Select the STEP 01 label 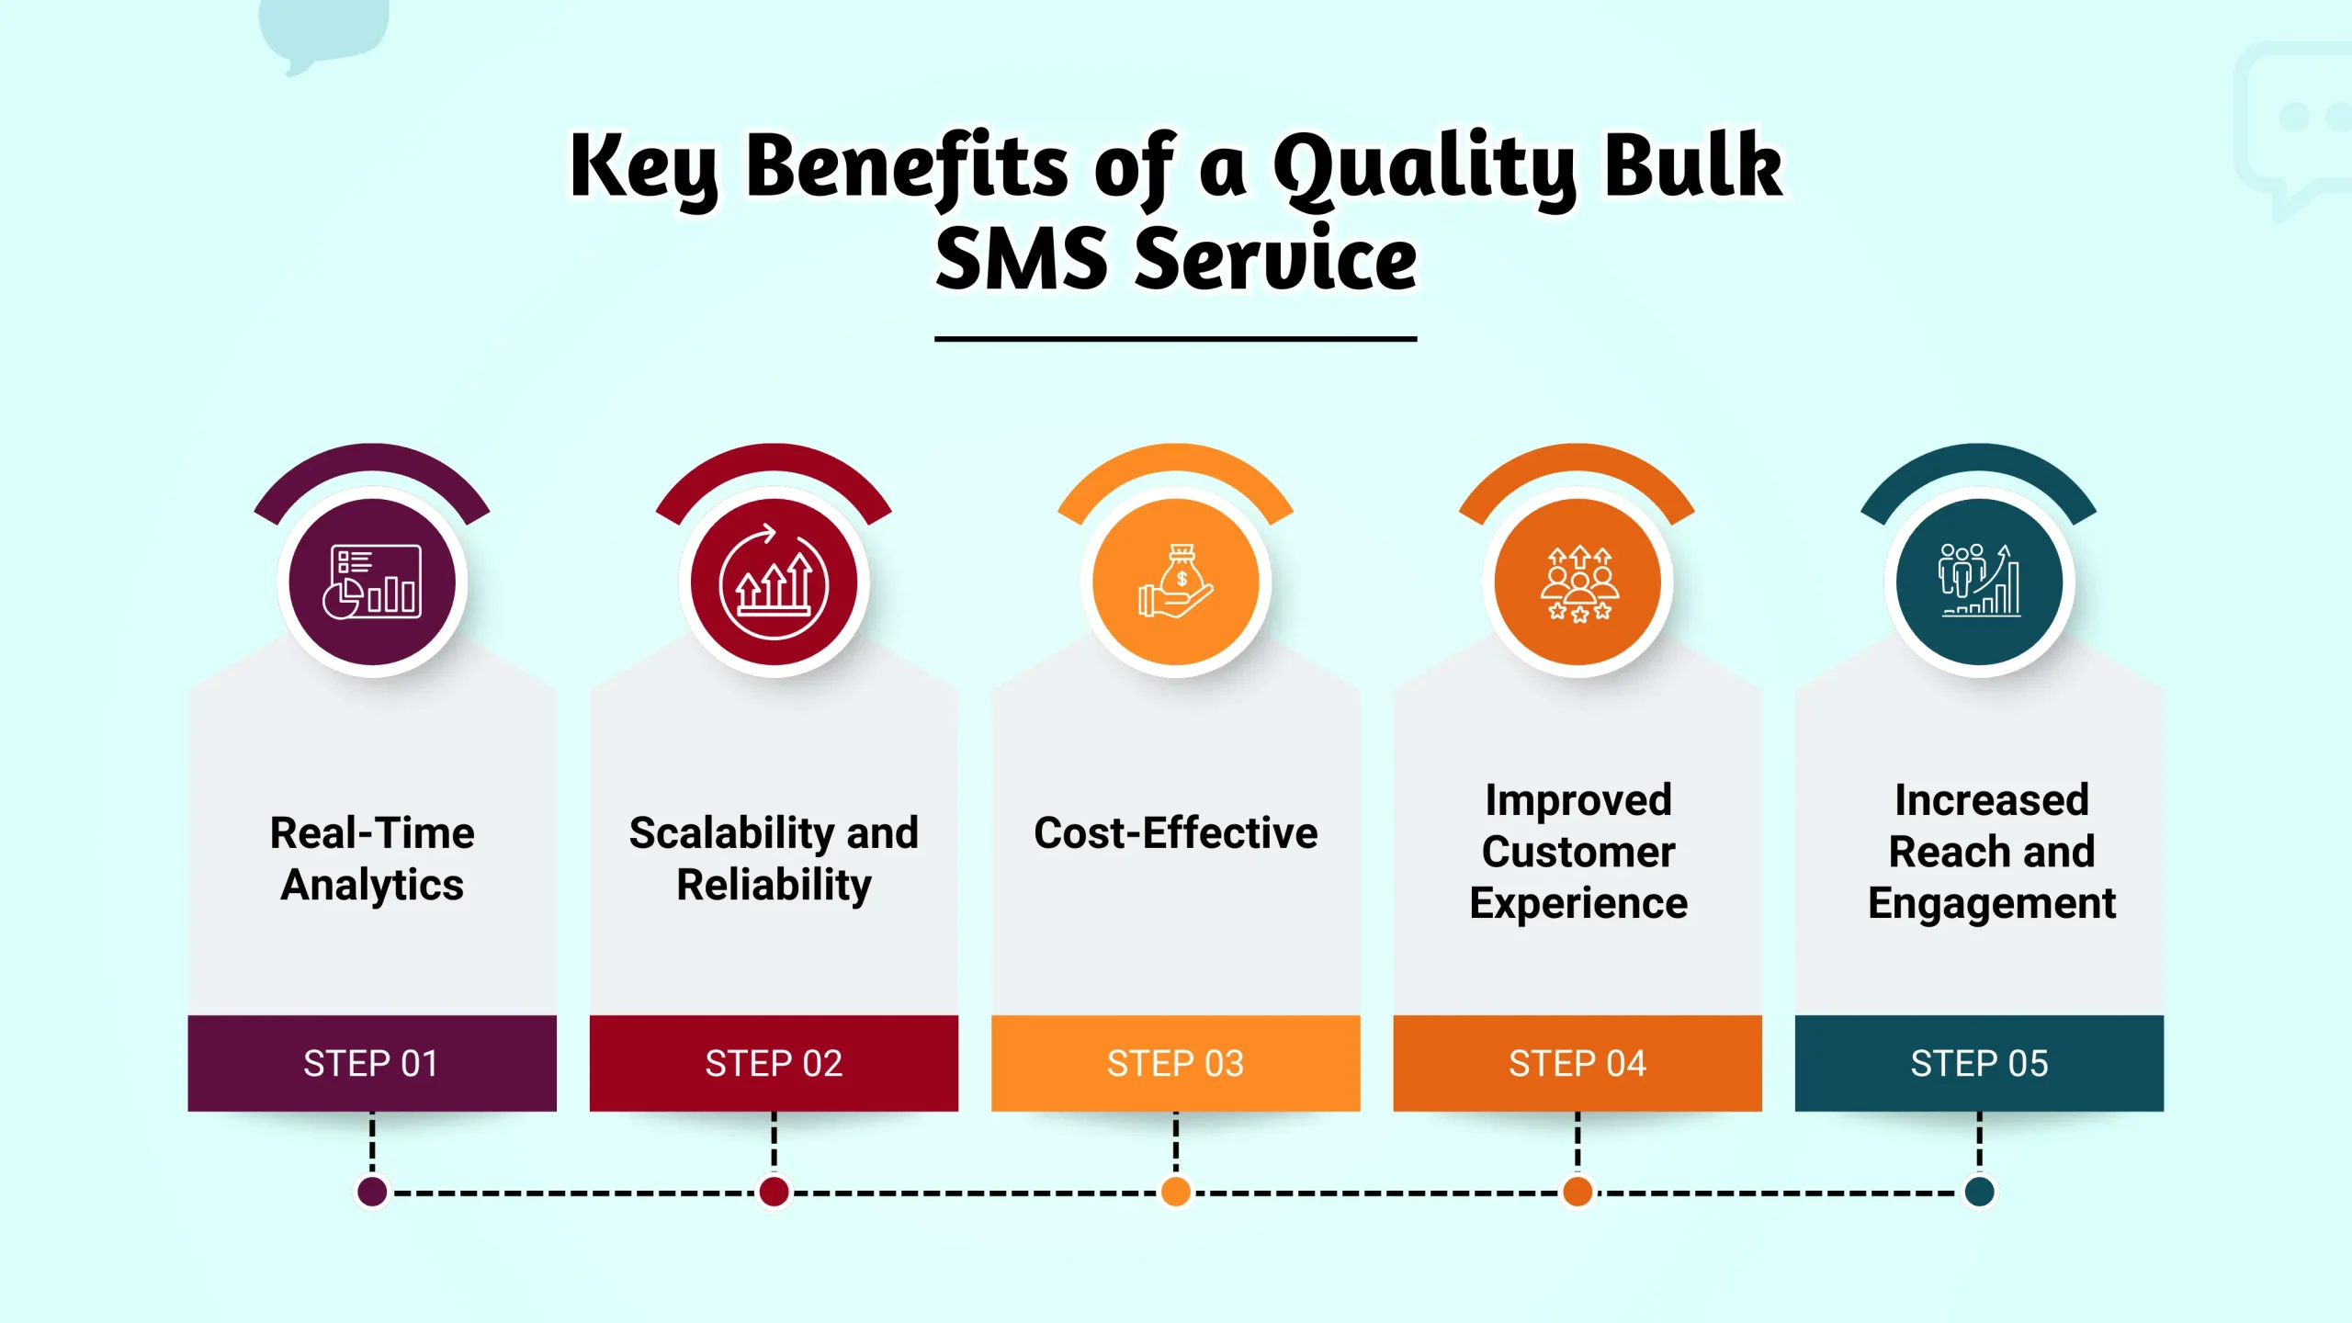[x=371, y=1063]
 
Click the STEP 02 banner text [x=774, y=1063]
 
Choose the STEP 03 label [x=1175, y=1063]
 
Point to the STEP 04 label [x=1577, y=1063]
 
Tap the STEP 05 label [x=1979, y=1063]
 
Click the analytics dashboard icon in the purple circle [x=372, y=582]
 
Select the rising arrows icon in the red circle [x=774, y=582]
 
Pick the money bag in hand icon [x=1176, y=582]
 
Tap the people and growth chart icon [x=1980, y=581]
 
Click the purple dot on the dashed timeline [x=372, y=1192]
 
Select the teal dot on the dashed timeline [x=1979, y=1192]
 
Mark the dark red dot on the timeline [x=774, y=1192]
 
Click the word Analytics [x=372, y=886]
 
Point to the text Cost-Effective [x=1176, y=833]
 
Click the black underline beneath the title [x=1176, y=339]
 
